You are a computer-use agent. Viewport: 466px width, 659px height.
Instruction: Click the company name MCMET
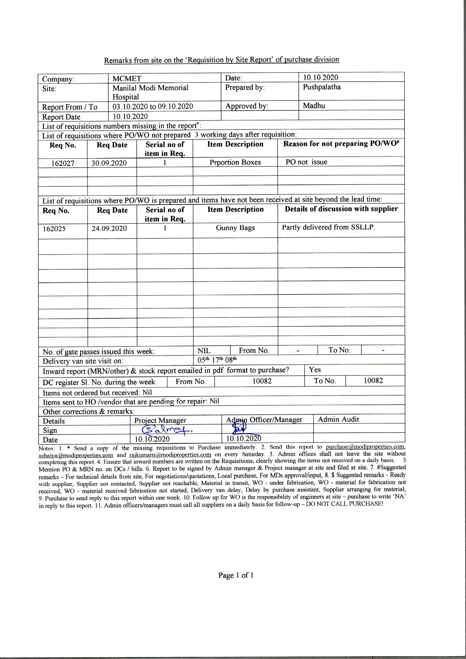pos(127,79)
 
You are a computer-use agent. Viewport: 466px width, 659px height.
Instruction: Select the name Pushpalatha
pos(322,87)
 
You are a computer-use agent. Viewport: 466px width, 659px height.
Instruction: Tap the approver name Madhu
pos(314,105)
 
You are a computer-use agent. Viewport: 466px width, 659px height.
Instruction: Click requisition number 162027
pos(63,163)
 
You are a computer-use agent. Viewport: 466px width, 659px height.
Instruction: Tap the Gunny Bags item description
pos(235,228)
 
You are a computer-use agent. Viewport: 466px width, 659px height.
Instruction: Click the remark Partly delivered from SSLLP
pos(329,227)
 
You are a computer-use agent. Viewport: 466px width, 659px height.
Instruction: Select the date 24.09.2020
pos(109,228)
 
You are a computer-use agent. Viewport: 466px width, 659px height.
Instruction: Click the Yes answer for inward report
pos(315,370)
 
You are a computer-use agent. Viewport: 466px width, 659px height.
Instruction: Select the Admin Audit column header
pos(338,420)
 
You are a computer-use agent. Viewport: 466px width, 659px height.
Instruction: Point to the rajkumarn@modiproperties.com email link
pos(170,455)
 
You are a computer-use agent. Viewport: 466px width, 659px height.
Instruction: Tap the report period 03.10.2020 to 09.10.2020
pos(153,106)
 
